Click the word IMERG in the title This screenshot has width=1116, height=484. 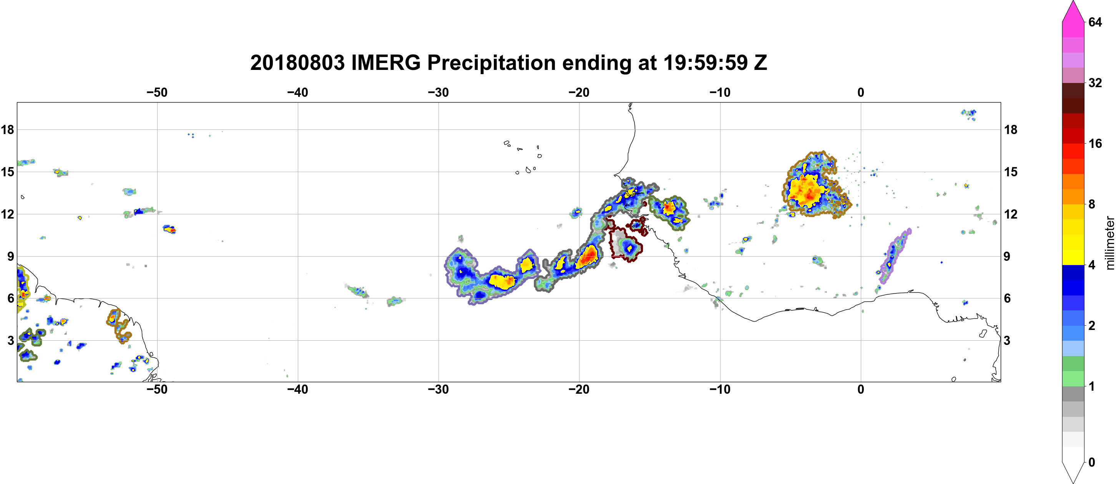click(385, 63)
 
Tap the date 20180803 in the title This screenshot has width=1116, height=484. click(297, 63)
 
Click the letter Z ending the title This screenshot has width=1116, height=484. click(760, 63)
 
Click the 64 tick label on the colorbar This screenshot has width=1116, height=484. click(1095, 22)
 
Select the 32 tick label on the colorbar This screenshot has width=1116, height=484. click(1095, 83)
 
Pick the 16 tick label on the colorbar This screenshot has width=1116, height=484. click(1095, 143)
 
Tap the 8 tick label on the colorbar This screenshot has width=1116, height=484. click(1092, 204)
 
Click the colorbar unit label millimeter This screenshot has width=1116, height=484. click(1109, 243)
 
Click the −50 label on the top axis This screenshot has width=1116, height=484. click(157, 92)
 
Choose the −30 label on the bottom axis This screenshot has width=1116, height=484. click(438, 390)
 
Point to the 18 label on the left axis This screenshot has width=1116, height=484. click(7, 129)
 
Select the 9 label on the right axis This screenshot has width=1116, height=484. click(1007, 256)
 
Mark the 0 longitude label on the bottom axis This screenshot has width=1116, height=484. click(861, 390)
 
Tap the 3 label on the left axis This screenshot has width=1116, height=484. click(11, 340)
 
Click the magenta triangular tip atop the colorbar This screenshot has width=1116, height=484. click(1073, 11)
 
